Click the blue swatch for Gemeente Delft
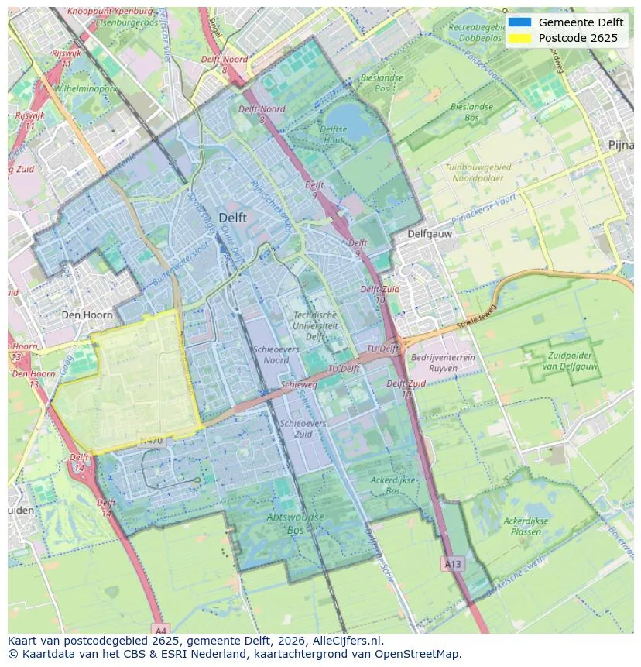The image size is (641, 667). click(x=519, y=22)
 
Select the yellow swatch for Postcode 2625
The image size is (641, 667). click(x=519, y=38)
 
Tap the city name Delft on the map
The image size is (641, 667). click(x=232, y=218)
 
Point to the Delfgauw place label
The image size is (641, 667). click(x=430, y=233)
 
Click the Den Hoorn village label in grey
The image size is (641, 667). click(x=87, y=315)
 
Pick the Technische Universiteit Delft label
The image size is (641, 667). click(x=315, y=326)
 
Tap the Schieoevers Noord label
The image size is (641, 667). click(x=271, y=355)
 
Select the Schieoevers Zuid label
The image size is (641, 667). click(x=303, y=429)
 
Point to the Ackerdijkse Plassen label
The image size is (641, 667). click(x=526, y=527)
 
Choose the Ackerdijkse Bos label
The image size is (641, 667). click(x=392, y=486)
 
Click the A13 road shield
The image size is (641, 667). click(x=452, y=564)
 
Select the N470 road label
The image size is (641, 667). click(x=150, y=441)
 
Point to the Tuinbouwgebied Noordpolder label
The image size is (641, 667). click(x=478, y=173)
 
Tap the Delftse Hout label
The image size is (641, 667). click(x=334, y=135)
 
